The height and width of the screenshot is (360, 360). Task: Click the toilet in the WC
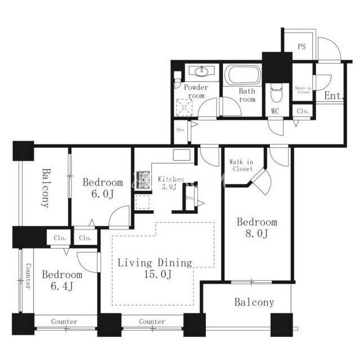[276, 92]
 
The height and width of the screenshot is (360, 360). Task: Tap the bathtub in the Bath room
[242, 75]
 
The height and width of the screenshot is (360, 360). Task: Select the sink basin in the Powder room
[201, 71]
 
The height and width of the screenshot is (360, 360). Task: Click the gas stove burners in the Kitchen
[143, 180]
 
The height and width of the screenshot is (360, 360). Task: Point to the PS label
[301, 47]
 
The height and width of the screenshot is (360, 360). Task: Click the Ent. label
[334, 96]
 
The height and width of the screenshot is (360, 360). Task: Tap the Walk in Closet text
[241, 165]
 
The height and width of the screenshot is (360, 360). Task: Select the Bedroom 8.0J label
[257, 228]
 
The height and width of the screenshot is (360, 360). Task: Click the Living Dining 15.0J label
[155, 268]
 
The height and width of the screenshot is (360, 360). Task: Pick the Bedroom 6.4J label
[62, 280]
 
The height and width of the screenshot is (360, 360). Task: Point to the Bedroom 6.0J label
[102, 188]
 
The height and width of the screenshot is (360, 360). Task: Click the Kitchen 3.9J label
[170, 183]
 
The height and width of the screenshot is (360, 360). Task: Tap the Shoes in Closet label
[303, 90]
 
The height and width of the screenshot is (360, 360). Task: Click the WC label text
[275, 111]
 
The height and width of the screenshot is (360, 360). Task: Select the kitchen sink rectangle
[181, 155]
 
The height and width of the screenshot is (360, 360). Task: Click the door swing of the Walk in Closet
[262, 181]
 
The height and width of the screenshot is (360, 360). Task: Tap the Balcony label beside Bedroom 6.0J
[46, 188]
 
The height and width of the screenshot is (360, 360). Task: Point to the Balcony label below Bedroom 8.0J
[254, 303]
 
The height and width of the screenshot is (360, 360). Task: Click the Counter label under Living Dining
[152, 321]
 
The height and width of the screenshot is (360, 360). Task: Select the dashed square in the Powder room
[184, 107]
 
